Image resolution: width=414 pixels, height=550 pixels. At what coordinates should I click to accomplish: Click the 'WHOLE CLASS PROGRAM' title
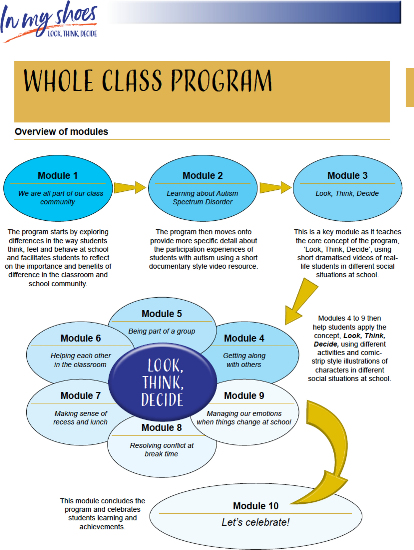[148, 81]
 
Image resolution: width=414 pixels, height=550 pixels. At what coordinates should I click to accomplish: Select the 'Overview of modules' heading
[61, 132]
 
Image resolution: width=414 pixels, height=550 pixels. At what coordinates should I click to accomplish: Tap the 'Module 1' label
[58, 176]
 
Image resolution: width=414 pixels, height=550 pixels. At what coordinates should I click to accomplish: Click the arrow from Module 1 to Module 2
[130, 187]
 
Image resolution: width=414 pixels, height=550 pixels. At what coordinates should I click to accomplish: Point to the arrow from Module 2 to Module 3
[275, 187]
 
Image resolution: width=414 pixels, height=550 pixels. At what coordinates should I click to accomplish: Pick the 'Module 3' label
[347, 176]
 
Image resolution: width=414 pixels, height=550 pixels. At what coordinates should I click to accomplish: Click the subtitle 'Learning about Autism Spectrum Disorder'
[202, 197]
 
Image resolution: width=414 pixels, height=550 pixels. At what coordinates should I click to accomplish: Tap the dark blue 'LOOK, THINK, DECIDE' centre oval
[162, 382]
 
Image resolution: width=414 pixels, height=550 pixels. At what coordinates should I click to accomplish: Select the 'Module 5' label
[162, 314]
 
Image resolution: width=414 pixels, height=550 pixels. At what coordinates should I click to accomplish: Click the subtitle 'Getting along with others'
[244, 360]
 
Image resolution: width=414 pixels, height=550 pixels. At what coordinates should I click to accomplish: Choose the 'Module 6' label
[81, 339]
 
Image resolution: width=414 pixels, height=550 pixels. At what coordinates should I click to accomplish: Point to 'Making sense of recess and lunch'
[80, 417]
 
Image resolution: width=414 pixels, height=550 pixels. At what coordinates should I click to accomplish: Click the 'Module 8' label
[162, 428]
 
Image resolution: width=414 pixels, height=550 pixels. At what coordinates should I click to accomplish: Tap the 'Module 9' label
[244, 396]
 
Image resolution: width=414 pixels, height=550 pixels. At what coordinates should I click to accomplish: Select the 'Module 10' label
[255, 506]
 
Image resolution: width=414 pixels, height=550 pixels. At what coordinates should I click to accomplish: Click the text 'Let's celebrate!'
[255, 522]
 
